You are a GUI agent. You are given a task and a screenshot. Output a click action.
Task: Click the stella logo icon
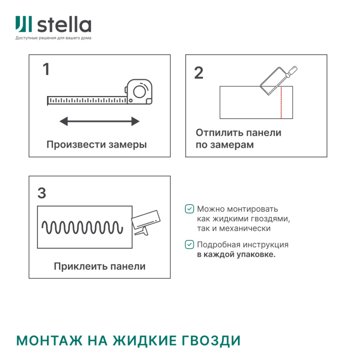(24, 24)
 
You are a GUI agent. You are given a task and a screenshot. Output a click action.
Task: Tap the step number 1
(46, 70)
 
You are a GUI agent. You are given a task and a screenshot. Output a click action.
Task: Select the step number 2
(199, 73)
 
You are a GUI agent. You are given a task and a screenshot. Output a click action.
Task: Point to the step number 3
(42, 193)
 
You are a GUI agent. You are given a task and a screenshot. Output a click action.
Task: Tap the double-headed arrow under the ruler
(99, 121)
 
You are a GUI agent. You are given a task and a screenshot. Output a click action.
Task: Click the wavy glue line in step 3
(80, 228)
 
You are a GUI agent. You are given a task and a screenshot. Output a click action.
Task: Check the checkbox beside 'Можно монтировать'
(190, 209)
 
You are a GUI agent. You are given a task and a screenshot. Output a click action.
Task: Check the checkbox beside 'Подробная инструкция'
(190, 245)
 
